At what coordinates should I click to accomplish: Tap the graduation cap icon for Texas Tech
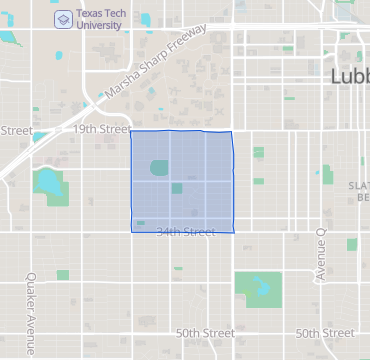(x=62, y=17)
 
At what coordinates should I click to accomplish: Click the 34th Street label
(x=186, y=232)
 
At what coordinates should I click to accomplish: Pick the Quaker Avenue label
(x=31, y=300)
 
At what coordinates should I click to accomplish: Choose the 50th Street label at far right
(x=324, y=333)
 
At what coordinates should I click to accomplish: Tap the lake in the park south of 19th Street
(x=46, y=182)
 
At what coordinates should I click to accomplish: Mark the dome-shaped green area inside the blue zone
(x=159, y=169)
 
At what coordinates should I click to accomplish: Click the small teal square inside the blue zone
(x=176, y=188)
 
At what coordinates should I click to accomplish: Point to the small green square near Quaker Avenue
(x=63, y=275)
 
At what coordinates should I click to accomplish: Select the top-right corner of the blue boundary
(x=232, y=132)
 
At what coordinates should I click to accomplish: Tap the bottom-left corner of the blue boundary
(x=132, y=232)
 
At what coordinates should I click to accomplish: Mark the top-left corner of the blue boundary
(x=132, y=132)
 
